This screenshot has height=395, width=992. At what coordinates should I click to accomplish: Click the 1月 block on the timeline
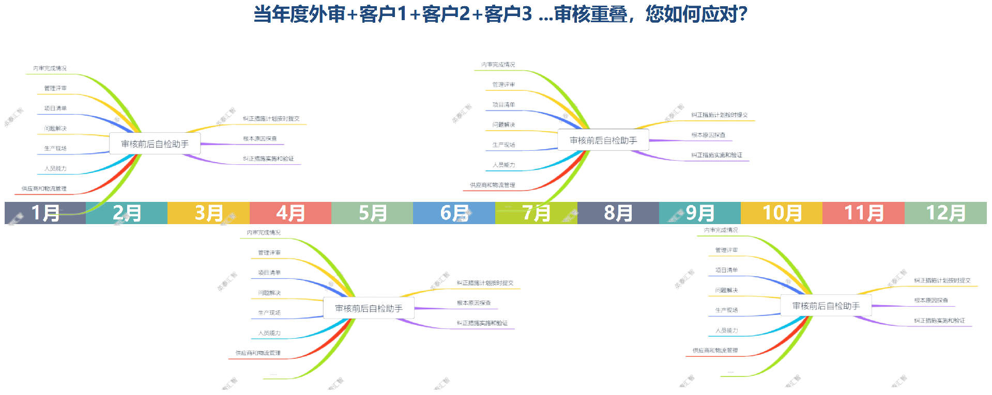click(x=45, y=213)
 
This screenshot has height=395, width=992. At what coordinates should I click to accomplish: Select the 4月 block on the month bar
click(x=290, y=213)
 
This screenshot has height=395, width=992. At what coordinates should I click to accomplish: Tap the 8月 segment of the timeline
click(x=618, y=213)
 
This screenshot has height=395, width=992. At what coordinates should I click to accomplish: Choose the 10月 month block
click(x=782, y=213)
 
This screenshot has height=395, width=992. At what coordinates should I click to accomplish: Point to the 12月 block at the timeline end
click(x=945, y=213)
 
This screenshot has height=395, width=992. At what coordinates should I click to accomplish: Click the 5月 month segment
click(x=372, y=213)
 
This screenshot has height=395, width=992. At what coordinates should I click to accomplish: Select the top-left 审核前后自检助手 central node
click(x=155, y=144)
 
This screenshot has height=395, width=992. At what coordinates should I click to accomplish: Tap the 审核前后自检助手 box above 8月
click(x=603, y=140)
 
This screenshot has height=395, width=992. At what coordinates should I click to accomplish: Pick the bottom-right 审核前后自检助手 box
click(x=826, y=306)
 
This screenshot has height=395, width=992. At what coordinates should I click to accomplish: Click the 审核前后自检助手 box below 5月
click(x=369, y=308)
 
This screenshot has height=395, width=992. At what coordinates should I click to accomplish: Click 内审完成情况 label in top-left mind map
click(x=50, y=68)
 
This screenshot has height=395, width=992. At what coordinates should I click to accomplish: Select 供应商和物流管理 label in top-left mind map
click(x=44, y=188)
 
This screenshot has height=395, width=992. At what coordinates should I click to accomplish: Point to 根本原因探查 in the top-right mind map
click(x=708, y=135)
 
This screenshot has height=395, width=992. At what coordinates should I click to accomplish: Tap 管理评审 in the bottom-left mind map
click(x=269, y=252)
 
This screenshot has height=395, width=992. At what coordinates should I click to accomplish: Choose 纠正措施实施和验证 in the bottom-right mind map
click(x=939, y=321)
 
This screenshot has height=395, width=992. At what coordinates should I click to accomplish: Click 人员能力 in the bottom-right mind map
click(x=726, y=330)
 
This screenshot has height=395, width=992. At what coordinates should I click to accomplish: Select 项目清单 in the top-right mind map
click(x=503, y=105)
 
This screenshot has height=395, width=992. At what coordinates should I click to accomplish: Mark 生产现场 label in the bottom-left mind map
click(x=269, y=313)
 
